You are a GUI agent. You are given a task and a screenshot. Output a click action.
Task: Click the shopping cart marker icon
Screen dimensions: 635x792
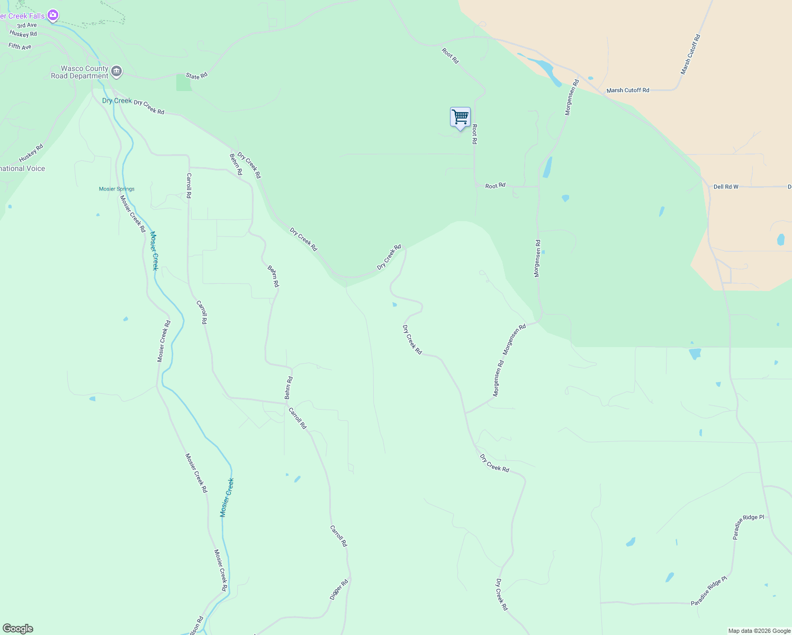(460, 117)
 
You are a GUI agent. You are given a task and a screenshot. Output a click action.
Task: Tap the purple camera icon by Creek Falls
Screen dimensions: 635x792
(52, 15)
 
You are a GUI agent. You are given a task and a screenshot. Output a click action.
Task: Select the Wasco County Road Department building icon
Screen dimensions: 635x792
(116, 71)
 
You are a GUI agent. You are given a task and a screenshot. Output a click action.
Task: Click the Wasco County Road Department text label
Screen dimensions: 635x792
(79, 72)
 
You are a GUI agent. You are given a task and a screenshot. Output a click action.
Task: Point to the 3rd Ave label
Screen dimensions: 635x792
(27, 25)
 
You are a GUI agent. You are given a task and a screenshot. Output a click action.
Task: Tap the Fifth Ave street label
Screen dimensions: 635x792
(20, 47)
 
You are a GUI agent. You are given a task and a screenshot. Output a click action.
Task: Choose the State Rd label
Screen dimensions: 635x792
(196, 76)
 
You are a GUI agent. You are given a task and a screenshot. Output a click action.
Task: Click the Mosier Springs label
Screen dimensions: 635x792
(116, 189)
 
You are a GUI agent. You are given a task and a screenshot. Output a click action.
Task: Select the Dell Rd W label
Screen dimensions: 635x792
(726, 187)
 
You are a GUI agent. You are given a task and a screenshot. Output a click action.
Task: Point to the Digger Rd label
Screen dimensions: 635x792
(339, 589)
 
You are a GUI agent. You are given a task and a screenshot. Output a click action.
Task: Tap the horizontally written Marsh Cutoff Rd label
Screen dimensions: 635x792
(628, 90)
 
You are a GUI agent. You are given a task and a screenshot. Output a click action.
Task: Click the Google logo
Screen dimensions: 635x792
(18, 629)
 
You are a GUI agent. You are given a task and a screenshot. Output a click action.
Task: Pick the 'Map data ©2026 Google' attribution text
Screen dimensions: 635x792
(759, 631)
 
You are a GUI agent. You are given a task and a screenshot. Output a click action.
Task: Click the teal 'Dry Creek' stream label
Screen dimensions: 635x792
(116, 101)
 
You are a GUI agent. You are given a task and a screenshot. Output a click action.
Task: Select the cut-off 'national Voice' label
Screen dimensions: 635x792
(23, 169)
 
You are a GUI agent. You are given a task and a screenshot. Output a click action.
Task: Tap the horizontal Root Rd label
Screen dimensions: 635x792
(496, 186)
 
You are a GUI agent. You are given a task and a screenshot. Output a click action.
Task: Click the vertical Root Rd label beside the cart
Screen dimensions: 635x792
(475, 134)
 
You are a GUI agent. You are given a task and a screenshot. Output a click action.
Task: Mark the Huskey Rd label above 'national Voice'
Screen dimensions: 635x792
(31, 153)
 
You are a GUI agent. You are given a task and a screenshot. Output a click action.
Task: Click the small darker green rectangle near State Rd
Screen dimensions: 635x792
(184, 83)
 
